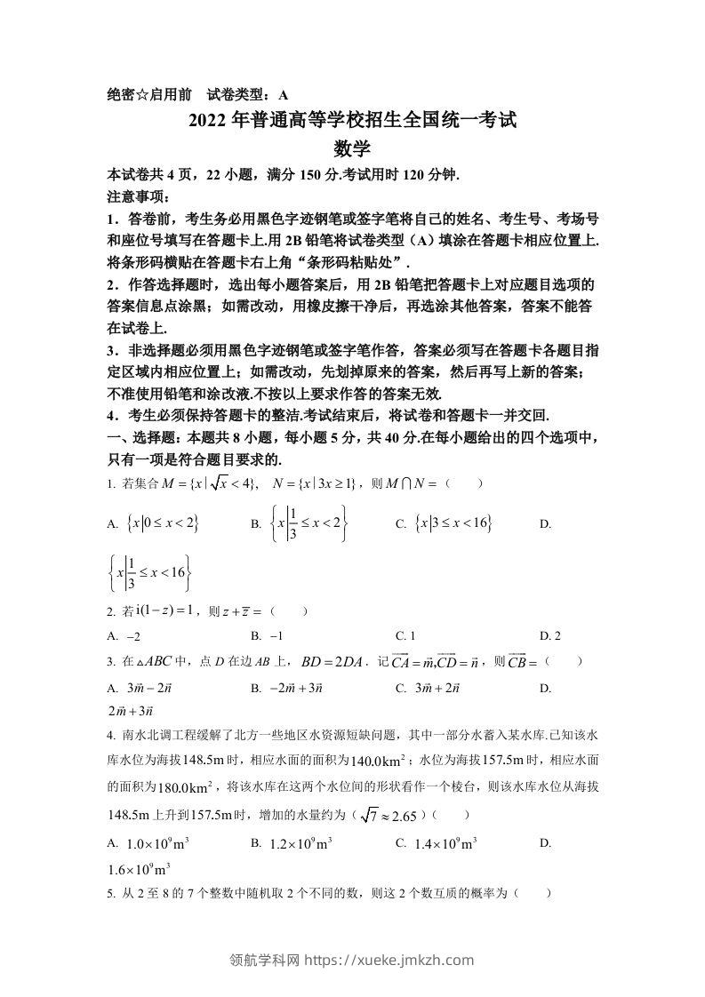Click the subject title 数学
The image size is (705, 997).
352,149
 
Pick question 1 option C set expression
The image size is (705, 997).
453,524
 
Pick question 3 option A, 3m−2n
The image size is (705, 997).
146,688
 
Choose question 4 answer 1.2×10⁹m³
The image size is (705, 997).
300,843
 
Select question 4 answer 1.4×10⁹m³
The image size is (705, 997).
445,843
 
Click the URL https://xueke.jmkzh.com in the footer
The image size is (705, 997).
389,960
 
